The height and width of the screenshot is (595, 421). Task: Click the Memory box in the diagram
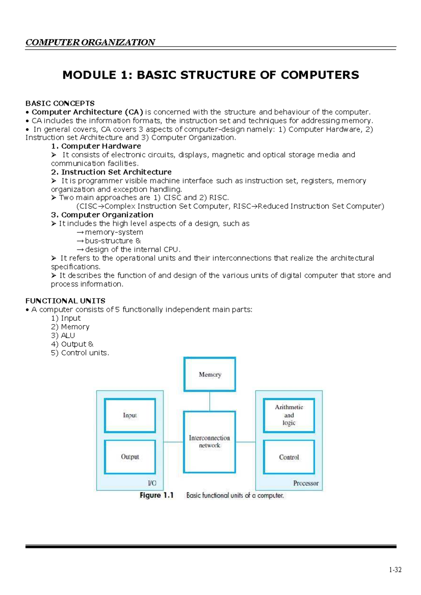(x=210, y=375)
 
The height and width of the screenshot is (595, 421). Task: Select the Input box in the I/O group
(x=130, y=416)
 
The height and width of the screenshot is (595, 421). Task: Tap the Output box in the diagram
(x=130, y=457)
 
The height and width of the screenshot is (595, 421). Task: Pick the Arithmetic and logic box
(x=289, y=415)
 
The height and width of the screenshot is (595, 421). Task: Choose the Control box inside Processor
(x=289, y=457)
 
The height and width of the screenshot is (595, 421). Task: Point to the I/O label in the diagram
(x=152, y=483)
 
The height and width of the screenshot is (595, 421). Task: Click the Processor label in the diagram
(x=306, y=483)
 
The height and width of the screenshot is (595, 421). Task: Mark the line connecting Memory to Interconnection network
(x=210, y=401)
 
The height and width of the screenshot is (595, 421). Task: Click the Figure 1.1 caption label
(x=157, y=495)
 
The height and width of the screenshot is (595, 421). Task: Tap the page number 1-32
(x=395, y=570)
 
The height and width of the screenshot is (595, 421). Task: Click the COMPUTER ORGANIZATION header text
(x=90, y=42)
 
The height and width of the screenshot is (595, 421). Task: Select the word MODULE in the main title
(x=89, y=75)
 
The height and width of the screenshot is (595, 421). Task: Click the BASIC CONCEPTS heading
(x=60, y=103)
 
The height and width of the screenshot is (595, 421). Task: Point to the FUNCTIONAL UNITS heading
(x=65, y=301)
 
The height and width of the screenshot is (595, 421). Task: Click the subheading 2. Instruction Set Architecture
(x=111, y=172)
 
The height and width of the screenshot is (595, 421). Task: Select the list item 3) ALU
(x=63, y=335)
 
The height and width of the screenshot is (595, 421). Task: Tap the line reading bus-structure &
(x=109, y=241)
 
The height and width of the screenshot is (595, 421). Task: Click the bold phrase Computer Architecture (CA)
(x=87, y=112)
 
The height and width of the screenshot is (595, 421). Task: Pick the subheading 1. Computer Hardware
(x=96, y=146)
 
